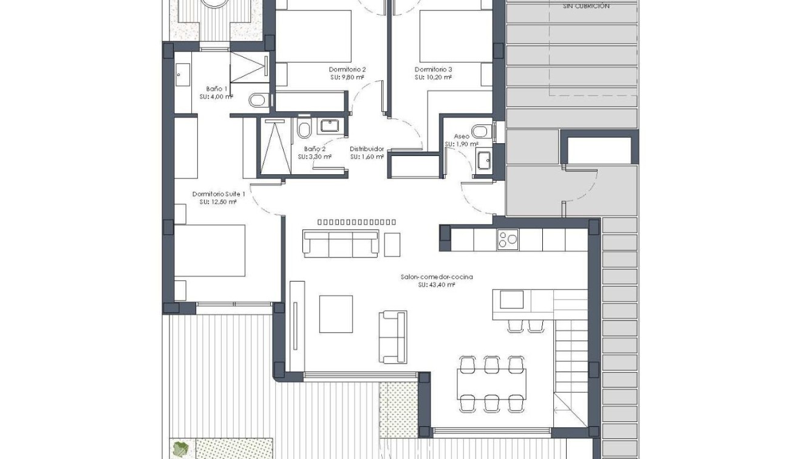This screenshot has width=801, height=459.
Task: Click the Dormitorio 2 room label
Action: pos(347,69)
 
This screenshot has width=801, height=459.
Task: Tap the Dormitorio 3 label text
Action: pos(433,69)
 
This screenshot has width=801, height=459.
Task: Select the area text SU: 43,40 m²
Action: pos(436,284)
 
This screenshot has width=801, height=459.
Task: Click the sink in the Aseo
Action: pos(484,160)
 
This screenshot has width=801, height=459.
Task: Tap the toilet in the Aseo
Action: pos(480,131)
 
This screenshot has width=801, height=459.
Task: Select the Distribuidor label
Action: pos(367,149)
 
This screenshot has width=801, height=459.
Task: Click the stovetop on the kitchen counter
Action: pos(508,240)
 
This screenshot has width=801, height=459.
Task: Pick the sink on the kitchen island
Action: pos(511,299)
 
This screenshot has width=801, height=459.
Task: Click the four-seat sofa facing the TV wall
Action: pos(341,244)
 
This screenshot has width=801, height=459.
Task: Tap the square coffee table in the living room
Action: pos(336,314)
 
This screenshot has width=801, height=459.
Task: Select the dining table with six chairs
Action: pos(491,383)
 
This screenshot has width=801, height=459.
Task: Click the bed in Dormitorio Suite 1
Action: pos(210,251)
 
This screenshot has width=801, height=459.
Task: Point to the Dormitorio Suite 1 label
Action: pos(219,194)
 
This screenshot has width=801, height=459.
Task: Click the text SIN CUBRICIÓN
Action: pos(586,6)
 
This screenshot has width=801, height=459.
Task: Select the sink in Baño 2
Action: pos(329,126)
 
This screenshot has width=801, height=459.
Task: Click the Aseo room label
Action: pos(461,137)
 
